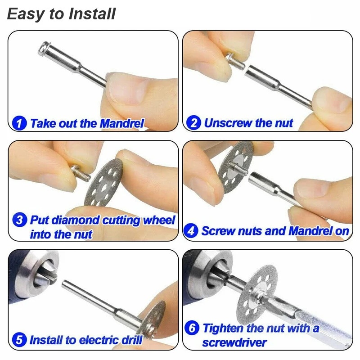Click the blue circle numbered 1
pyautogui.click(x=19, y=123)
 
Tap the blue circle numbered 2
pyautogui.click(x=193, y=123)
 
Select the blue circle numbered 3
pyautogui.click(x=19, y=220)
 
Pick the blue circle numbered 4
pyautogui.click(x=191, y=231)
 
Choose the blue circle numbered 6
pyautogui.click(x=192, y=328)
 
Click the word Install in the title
pyautogui.click(x=92, y=14)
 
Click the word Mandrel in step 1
pyautogui.click(x=122, y=123)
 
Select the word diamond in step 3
pyautogui.click(x=76, y=220)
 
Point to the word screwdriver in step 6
pyautogui.click(x=234, y=343)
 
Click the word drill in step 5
pyautogui.click(x=132, y=340)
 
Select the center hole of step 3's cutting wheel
pyautogui.click(x=104, y=188)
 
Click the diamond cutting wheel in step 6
pyautogui.click(x=257, y=296)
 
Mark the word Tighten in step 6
pyautogui.click(x=223, y=328)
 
